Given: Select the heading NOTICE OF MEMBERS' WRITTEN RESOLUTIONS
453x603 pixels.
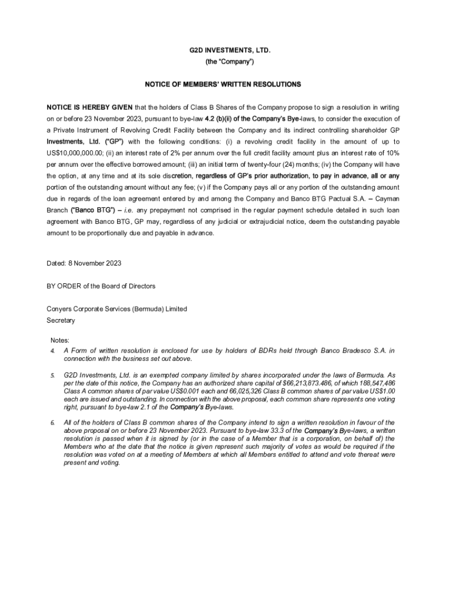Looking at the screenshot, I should point(223,85).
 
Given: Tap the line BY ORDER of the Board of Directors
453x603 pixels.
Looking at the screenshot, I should point(101,286).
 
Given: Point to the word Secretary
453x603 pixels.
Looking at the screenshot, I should point(61,320).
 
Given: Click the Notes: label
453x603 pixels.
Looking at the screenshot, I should point(60,340).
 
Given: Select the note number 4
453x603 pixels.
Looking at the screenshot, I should point(52,351).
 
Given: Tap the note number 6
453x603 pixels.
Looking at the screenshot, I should point(52,423).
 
